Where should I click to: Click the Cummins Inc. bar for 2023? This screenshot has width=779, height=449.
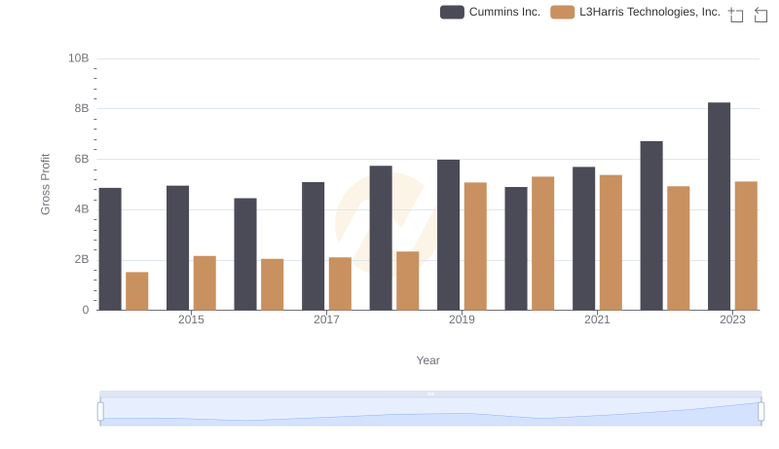coord(719,206)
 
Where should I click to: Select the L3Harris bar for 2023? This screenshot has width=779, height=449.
coord(746,245)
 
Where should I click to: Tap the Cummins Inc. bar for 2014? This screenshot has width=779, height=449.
coord(110,248)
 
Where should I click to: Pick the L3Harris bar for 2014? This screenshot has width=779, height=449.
coord(137,290)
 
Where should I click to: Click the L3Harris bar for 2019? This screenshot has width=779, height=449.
coord(475,245)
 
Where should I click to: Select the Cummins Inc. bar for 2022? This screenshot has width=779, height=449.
coord(651,225)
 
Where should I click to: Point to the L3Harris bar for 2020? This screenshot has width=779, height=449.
coord(543,243)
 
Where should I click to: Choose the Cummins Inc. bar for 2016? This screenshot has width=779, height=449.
coord(245,254)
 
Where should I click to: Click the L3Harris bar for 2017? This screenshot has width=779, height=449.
coord(340,283)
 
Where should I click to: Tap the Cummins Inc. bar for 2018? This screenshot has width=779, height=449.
coord(381,238)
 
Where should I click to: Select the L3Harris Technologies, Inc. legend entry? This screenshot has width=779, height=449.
coord(636,12)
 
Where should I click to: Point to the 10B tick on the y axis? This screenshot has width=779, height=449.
coord(78,58)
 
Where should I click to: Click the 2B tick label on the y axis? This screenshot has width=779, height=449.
coord(79,260)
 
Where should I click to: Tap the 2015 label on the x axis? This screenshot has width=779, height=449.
coord(191,320)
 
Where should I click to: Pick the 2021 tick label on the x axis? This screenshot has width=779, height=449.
coord(597,320)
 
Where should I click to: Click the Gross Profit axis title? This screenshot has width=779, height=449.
coord(45,184)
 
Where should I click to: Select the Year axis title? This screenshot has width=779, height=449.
coord(428,360)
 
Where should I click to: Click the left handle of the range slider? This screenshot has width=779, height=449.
coord(100,412)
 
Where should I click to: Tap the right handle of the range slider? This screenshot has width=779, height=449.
coord(761,412)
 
